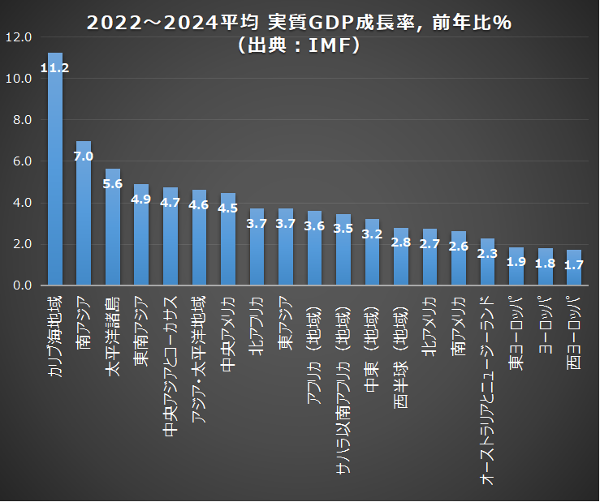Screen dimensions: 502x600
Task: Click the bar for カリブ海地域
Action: [x=55, y=178]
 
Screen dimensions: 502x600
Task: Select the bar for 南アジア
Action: [x=84, y=219]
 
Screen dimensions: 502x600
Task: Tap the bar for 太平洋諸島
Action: [x=113, y=235]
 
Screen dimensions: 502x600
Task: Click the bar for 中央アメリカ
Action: [x=228, y=243]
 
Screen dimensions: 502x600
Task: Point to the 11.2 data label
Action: [x=55, y=68]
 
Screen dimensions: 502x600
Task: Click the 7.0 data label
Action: [x=84, y=156]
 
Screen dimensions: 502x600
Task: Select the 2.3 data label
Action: [x=487, y=253]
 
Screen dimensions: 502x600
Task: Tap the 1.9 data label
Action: [x=516, y=262]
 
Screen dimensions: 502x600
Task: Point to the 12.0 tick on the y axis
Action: [x=18, y=37]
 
